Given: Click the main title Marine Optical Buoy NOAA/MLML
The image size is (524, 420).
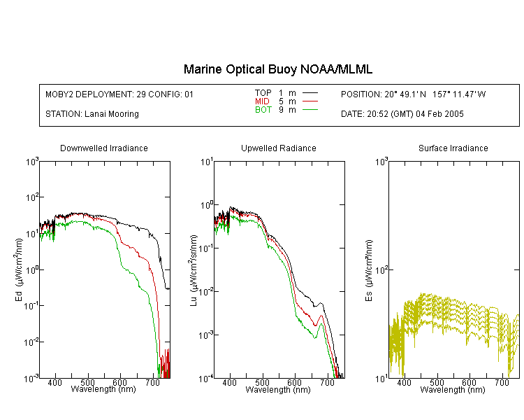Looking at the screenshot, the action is [277, 69].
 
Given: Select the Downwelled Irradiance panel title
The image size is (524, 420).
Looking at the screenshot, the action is [104, 148].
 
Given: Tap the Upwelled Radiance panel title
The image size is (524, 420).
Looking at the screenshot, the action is [278, 148].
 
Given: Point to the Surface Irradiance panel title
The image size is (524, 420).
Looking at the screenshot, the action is [453, 148].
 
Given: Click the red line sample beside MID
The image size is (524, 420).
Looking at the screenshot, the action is [310, 101].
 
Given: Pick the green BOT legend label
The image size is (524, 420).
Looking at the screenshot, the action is [263, 110].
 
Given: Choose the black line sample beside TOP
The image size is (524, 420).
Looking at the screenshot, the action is [310, 93].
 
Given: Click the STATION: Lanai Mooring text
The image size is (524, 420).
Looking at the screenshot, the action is [92, 114].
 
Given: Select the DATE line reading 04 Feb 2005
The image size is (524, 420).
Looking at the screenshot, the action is [402, 114].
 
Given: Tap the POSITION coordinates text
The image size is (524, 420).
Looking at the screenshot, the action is [413, 94].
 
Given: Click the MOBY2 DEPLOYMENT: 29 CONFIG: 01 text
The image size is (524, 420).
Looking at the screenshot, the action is [119, 94].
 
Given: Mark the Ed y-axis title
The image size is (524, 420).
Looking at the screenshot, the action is [19, 269].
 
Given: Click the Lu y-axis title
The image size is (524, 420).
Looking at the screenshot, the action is [194, 270].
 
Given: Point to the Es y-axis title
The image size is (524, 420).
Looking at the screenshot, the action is [369, 270].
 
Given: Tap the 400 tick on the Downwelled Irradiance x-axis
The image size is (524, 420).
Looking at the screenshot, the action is [54, 382].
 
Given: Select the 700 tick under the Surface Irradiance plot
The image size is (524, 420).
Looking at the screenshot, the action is [502, 382].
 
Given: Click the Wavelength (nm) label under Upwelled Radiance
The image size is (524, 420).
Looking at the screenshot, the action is [278, 389].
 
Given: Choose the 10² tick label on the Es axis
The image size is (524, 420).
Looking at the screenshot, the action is [381, 269].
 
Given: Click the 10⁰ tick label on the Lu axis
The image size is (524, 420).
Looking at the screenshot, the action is [207, 204].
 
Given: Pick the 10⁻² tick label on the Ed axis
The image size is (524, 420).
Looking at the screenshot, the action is [31, 342].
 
